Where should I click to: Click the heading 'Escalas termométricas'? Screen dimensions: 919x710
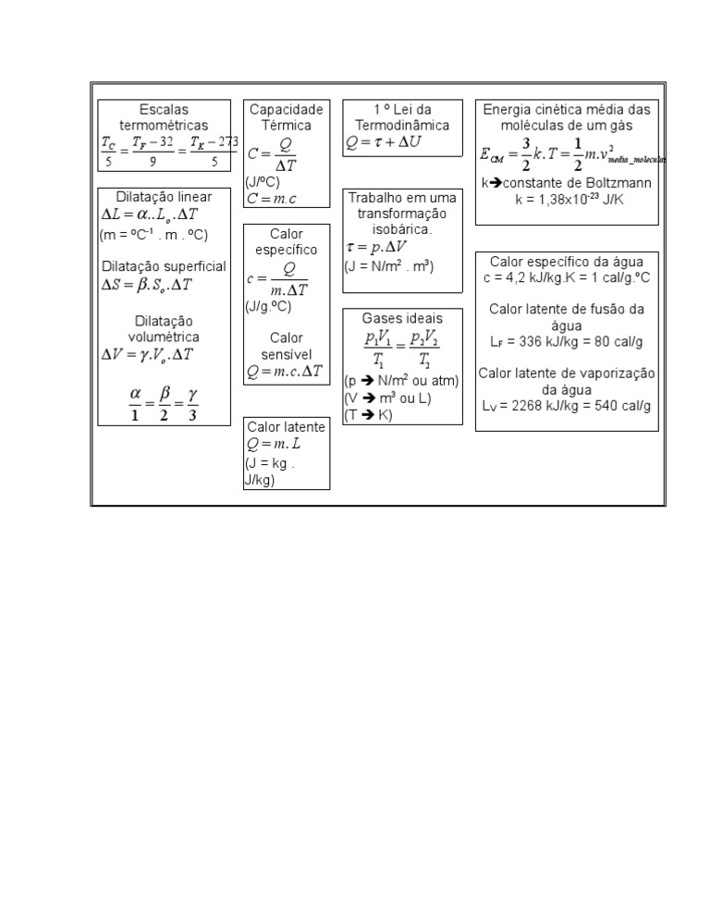click(164, 117)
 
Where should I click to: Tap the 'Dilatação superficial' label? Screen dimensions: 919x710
click(164, 266)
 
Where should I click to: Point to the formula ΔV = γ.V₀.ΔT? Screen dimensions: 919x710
click(148, 355)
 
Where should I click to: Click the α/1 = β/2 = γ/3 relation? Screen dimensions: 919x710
click(164, 402)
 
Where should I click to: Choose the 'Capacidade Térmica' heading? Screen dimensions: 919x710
click(287, 117)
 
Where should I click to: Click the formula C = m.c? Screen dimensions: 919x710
click(272, 199)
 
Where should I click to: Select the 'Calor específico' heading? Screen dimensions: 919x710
click(287, 241)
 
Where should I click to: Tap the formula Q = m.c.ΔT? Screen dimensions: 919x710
click(285, 372)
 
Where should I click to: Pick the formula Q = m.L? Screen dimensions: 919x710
click(275, 444)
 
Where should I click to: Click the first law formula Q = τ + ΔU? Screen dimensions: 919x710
click(383, 142)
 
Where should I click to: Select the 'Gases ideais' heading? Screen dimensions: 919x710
click(402, 318)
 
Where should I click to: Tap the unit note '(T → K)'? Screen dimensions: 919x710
click(368, 415)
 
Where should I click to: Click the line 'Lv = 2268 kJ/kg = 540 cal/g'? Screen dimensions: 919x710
click(567, 406)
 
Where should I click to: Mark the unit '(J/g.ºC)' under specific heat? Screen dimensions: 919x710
click(269, 307)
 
